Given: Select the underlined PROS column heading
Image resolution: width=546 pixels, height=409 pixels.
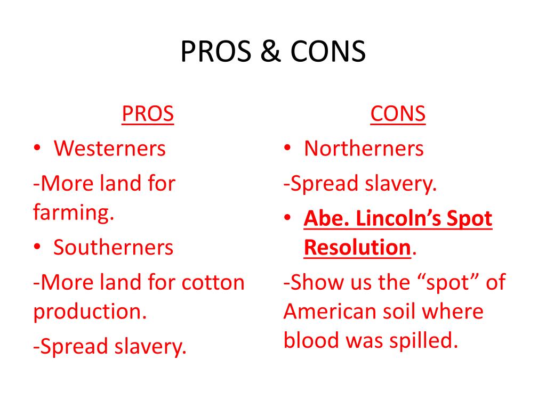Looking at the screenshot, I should pyautogui.click(x=148, y=114).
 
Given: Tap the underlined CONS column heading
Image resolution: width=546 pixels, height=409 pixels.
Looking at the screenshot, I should pyautogui.click(x=398, y=114).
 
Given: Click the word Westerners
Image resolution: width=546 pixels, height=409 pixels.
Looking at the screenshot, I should pyautogui.click(x=110, y=148).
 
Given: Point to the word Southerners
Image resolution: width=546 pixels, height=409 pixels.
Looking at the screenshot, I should pyautogui.click(x=114, y=247).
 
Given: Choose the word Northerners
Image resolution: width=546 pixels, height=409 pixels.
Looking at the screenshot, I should pyautogui.click(x=364, y=148).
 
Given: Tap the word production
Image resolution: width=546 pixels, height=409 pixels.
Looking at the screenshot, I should pyautogui.click(x=90, y=312).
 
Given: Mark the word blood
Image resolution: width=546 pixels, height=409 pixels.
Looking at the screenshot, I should pyautogui.click(x=310, y=340).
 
